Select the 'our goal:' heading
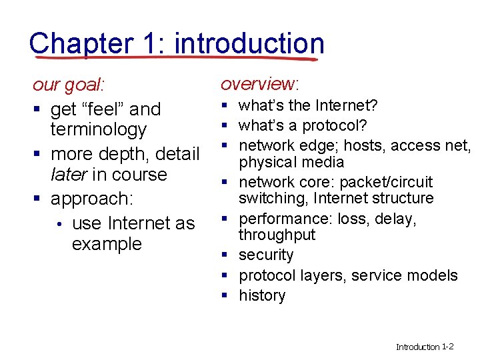tap(69, 86)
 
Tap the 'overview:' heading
tap(260, 84)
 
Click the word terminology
tap(98, 129)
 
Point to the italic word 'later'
tap(69, 175)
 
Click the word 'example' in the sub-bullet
tap(107, 244)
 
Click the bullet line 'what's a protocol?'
tap(303, 125)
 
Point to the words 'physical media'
tap(291, 162)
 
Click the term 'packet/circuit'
tap(386, 182)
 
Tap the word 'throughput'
tap(277, 235)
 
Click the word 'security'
tap(266, 255)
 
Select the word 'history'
tap(262, 295)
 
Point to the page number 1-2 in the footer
tap(447, 347)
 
